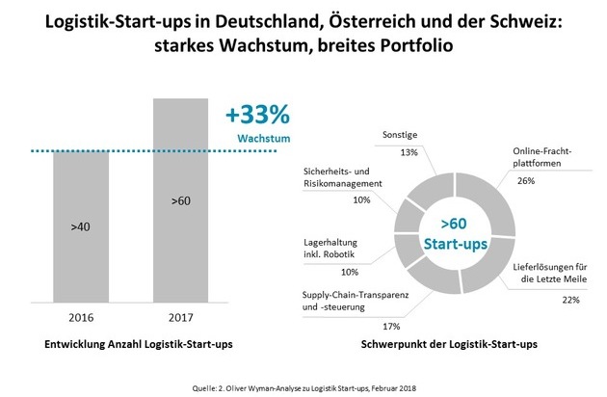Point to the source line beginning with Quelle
click(x=303, y=383)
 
